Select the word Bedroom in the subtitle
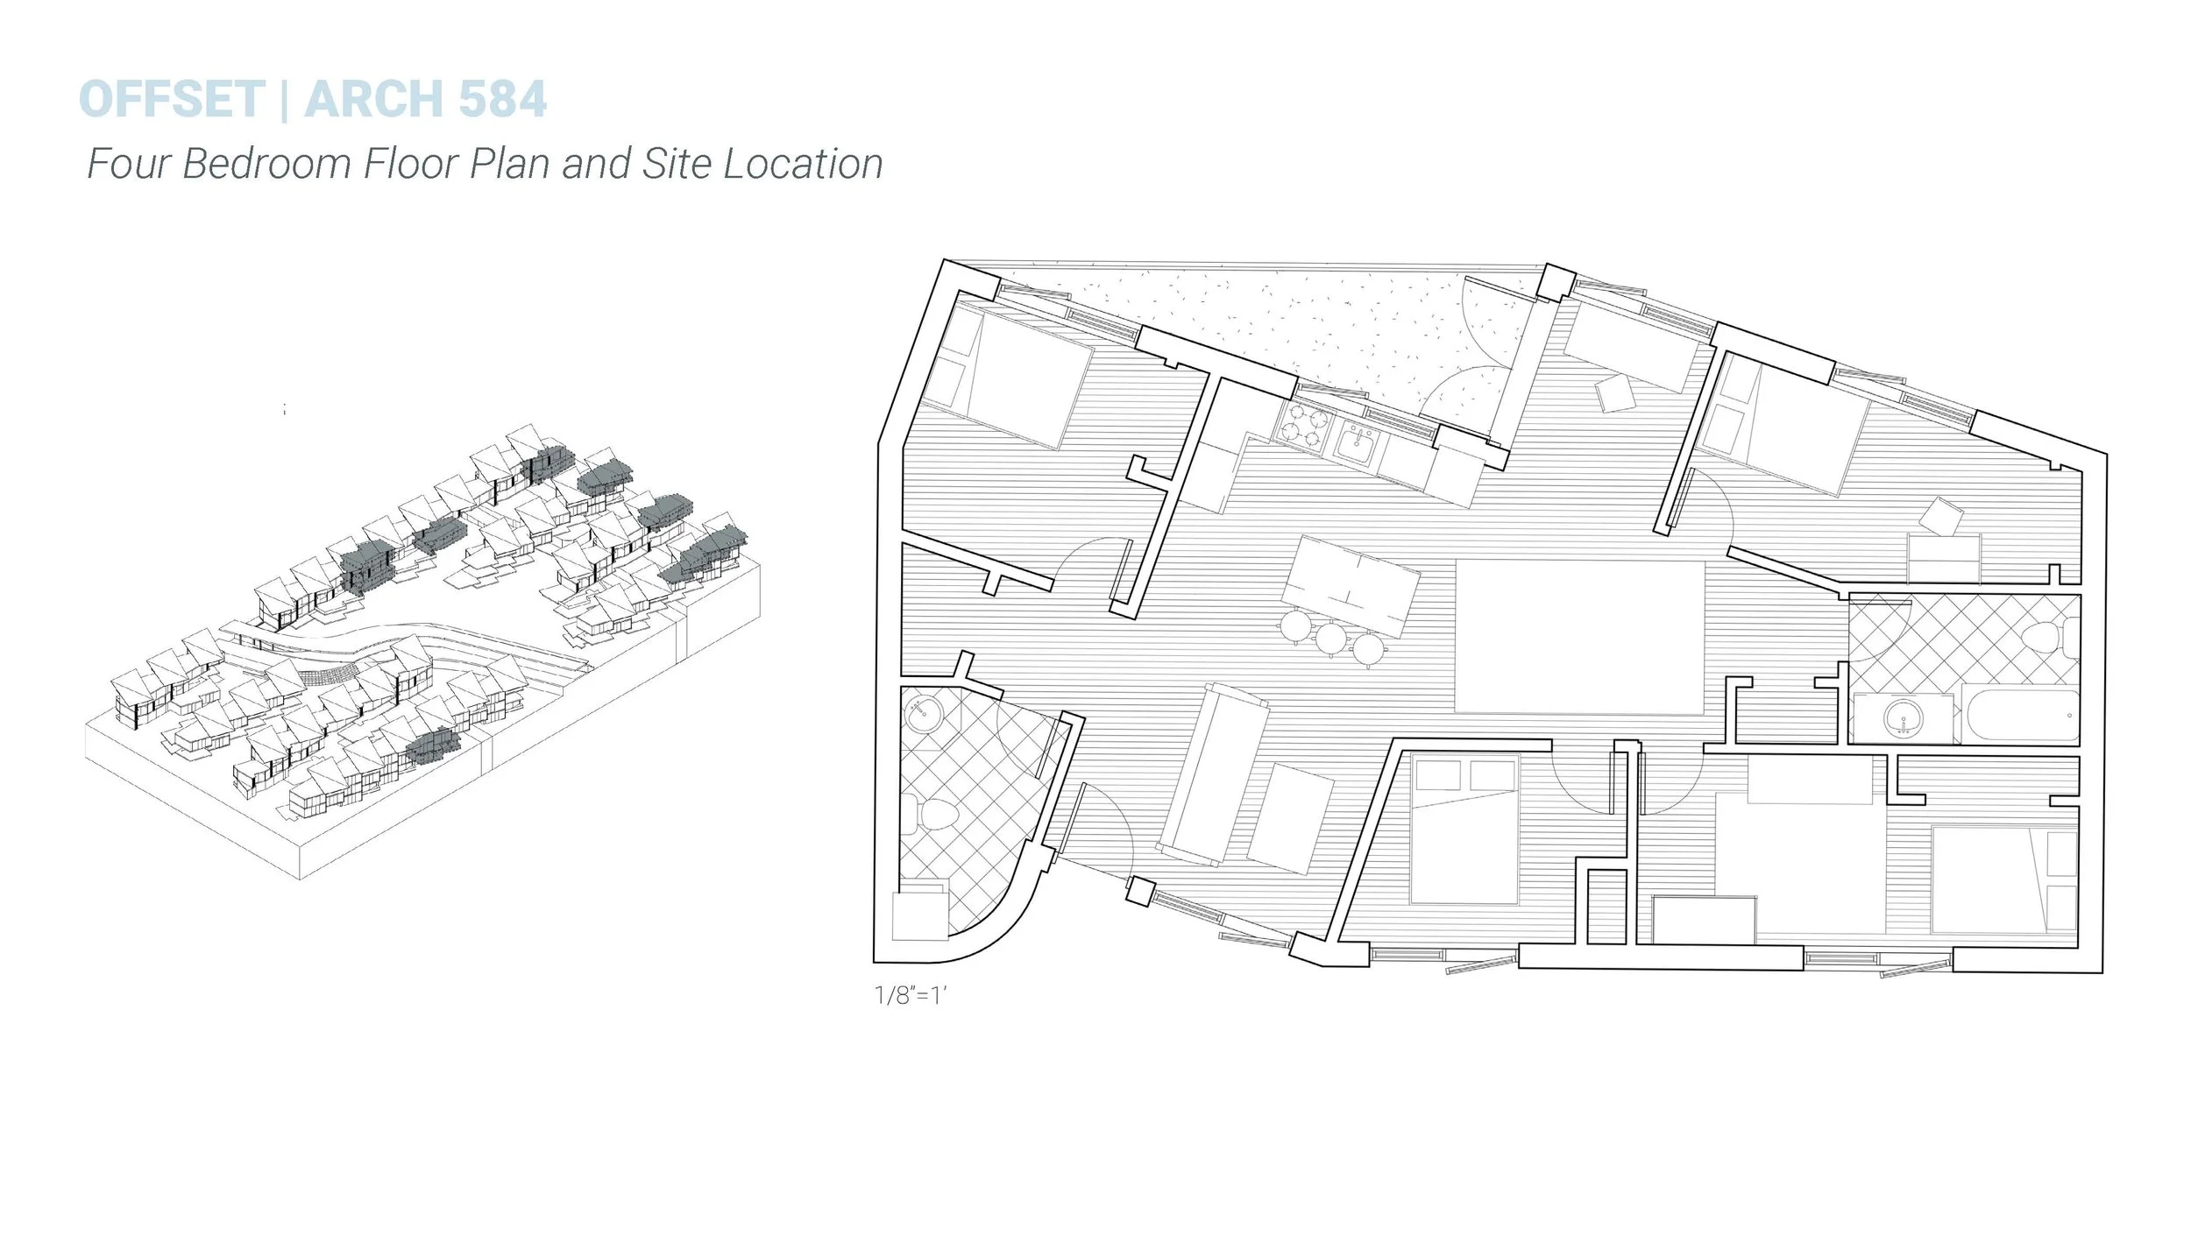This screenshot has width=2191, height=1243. click(x=266, y=164)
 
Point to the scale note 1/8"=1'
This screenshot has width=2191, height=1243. click(x=911, y=995)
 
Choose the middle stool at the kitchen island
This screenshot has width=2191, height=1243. click(x=1330, y=639)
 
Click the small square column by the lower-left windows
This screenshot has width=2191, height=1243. click(x=1139, y=891)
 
